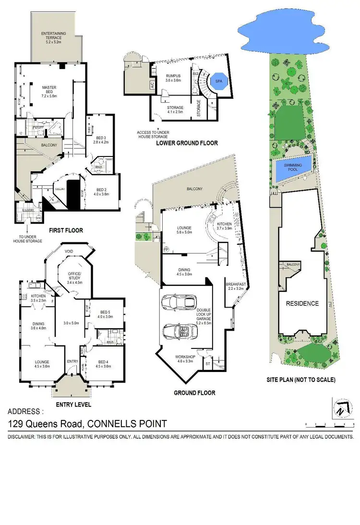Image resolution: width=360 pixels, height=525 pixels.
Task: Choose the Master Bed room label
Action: pyautogui.click(x=49, y=90)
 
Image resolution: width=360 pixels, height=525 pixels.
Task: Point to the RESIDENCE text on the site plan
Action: pyautogui.click(x=302, y=303)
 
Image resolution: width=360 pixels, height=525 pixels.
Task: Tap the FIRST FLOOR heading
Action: pyautogui.click(x=66, y=230)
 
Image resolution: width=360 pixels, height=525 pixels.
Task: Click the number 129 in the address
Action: pyautogui.click(x=18, y=424)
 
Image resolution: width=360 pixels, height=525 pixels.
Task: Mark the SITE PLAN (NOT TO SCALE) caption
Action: pyautogui.click(x=301, y=380)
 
